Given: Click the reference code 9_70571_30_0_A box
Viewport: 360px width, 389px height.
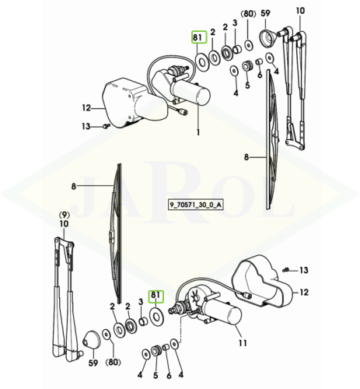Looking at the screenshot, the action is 195,205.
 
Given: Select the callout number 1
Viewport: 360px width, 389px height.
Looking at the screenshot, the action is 198,132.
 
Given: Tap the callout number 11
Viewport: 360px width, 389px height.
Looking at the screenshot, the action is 243,343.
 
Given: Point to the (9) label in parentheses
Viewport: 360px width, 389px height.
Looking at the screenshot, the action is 65,215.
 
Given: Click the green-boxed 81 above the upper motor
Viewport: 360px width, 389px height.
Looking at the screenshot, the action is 199,37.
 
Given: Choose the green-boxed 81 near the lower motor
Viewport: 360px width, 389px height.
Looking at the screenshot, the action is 156,296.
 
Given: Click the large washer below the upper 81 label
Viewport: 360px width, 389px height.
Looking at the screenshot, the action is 202,62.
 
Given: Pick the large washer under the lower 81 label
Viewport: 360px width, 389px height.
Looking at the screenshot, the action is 156,317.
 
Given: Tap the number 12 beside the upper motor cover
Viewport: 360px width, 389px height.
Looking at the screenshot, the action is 86,107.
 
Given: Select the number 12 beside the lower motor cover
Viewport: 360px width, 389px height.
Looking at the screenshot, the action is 304,293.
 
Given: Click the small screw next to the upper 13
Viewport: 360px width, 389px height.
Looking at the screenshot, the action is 107,126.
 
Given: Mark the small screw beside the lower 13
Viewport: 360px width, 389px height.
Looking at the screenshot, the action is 286,270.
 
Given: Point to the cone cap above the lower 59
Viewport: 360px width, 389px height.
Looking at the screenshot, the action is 91,340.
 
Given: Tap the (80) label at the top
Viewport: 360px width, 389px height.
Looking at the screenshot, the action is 249,13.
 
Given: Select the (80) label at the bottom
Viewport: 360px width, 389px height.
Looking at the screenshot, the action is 114,363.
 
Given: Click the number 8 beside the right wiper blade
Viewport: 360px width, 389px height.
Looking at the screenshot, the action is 246,157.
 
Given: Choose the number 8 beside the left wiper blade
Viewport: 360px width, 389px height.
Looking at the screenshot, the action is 74,186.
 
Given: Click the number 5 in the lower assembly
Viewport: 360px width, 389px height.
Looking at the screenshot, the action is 156,375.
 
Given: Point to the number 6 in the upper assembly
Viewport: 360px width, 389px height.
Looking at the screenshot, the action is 260,75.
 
